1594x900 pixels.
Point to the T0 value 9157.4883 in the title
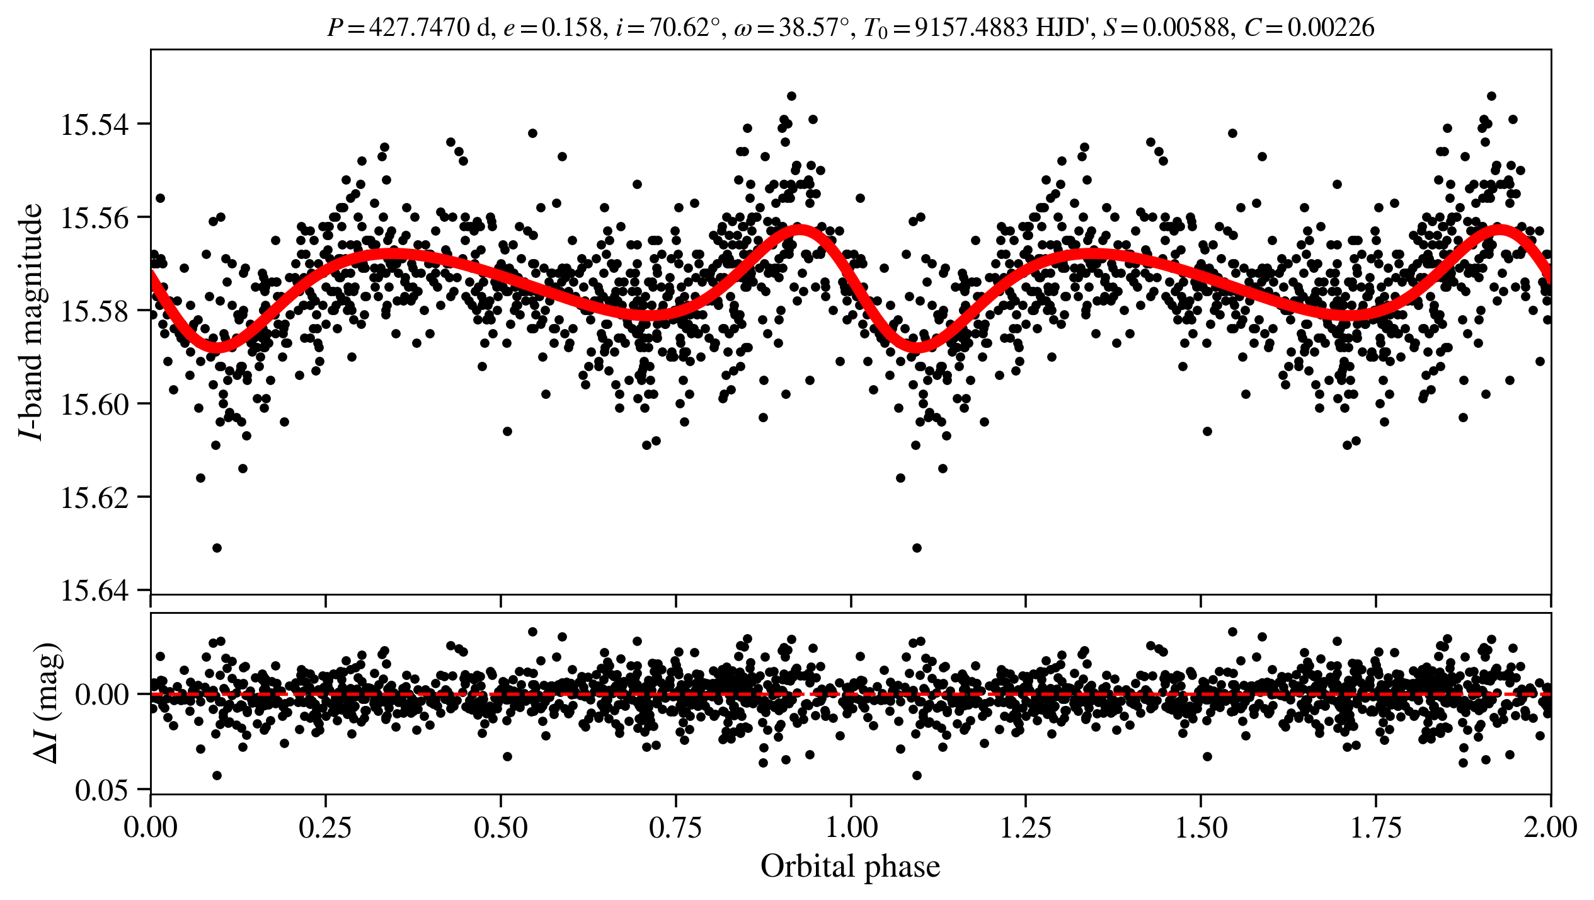[970, 28]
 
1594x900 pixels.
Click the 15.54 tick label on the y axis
[94, 124]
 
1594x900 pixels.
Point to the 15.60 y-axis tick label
[94, 404]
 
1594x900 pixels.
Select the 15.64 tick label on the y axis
[94, 591]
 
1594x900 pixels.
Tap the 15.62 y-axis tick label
[94, 498]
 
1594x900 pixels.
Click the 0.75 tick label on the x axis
[675, 827]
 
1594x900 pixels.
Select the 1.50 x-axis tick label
[1201, 827]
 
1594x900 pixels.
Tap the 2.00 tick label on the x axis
[1550, 827]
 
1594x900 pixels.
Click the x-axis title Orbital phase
[850, 867]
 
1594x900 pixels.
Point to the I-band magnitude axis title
[32, 321]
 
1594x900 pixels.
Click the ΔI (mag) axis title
[49, 703]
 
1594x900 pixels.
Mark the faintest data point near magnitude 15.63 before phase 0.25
[217, 548]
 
